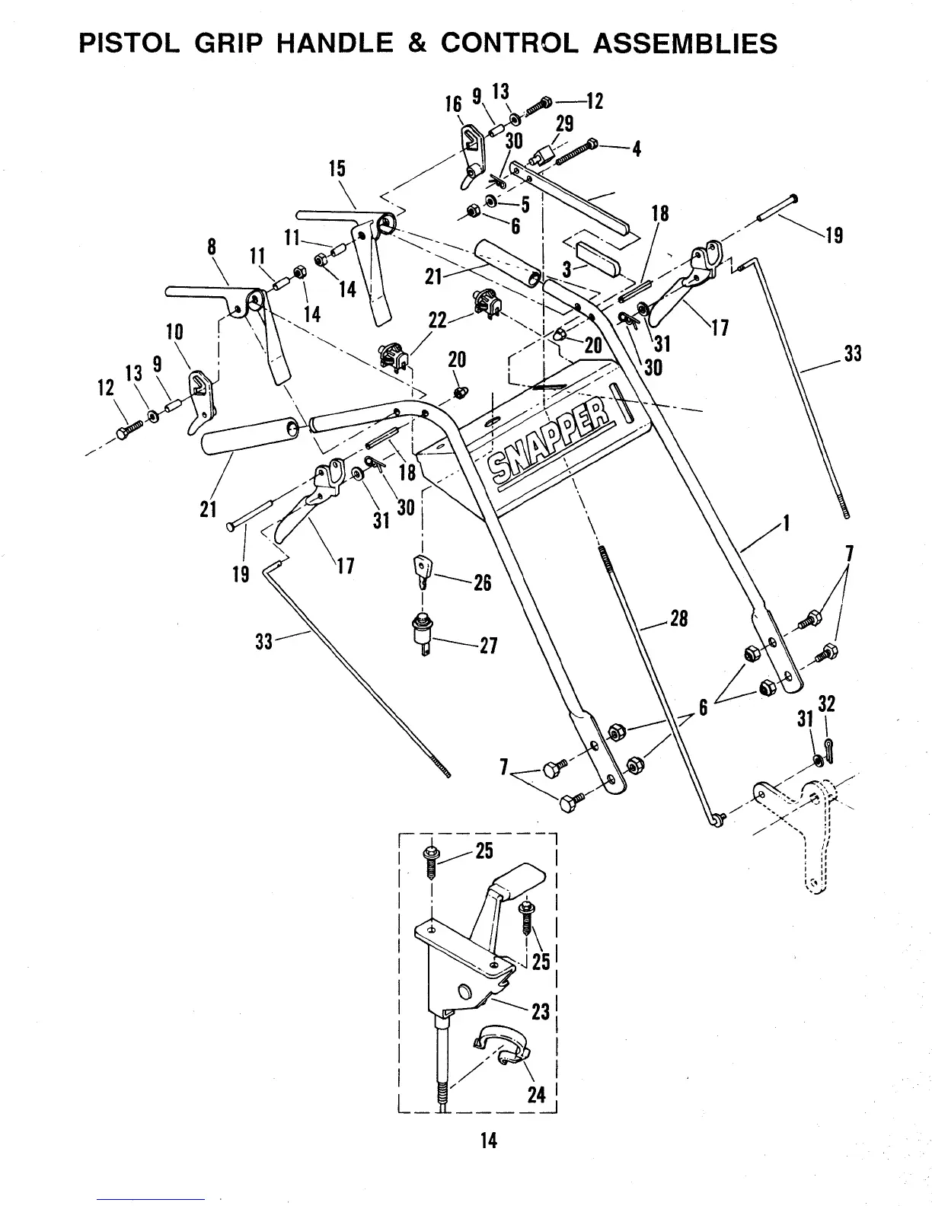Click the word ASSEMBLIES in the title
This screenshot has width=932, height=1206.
point(685,43)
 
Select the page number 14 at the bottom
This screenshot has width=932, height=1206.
point(488,1140)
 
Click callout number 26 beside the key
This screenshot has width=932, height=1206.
point(482,583)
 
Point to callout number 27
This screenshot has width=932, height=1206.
point(487,646)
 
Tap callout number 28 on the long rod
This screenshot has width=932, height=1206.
point(678,618)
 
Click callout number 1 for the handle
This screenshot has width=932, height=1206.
point(787,524)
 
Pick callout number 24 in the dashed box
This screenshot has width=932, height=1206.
point(537,1095)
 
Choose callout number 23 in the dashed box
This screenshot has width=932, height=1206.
point(540,1013)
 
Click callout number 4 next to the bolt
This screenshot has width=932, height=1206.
point(637,148)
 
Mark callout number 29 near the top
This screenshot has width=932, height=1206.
point(564,123)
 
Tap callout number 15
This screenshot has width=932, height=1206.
point(337,168)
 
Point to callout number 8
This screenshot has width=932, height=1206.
point(212,247)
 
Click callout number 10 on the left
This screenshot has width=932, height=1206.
point(174,332)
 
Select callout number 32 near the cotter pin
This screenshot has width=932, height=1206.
point(826,704)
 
